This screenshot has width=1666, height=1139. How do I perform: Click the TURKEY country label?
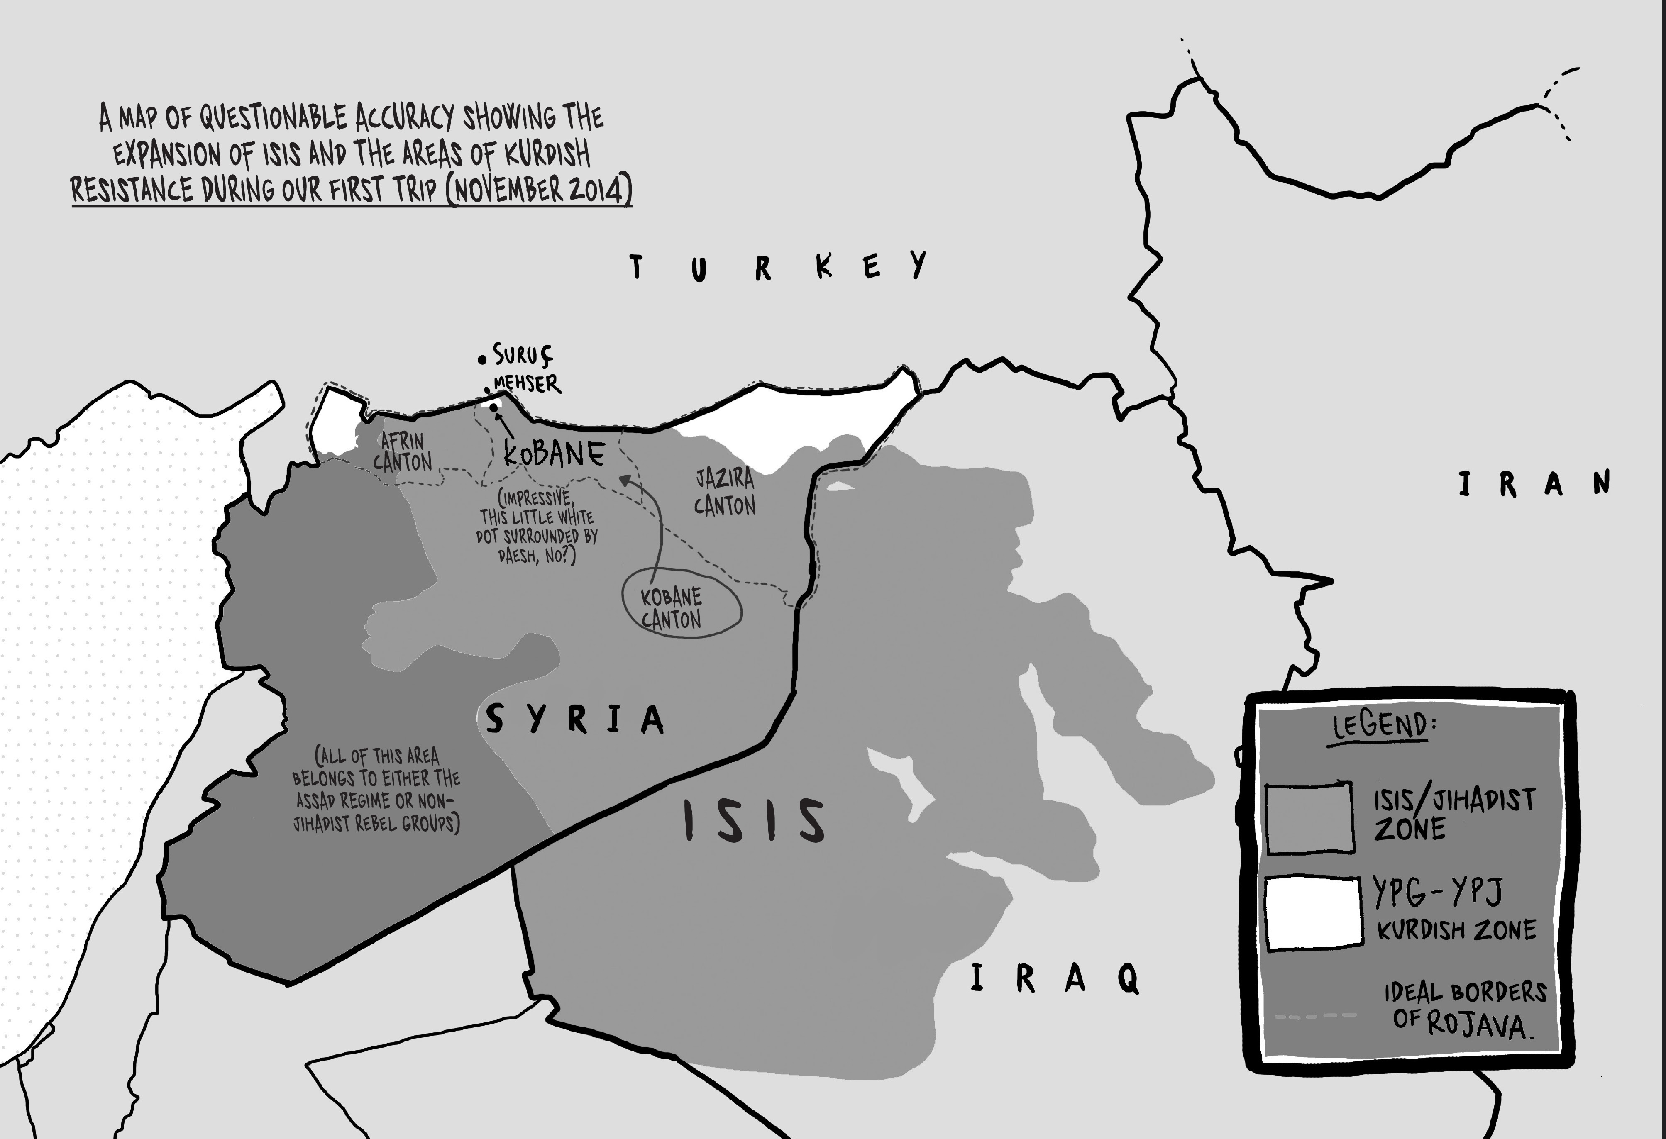coord(778,267)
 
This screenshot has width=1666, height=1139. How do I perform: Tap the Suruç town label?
coord(523,355)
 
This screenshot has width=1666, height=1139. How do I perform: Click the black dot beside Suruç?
coord(482,359)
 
